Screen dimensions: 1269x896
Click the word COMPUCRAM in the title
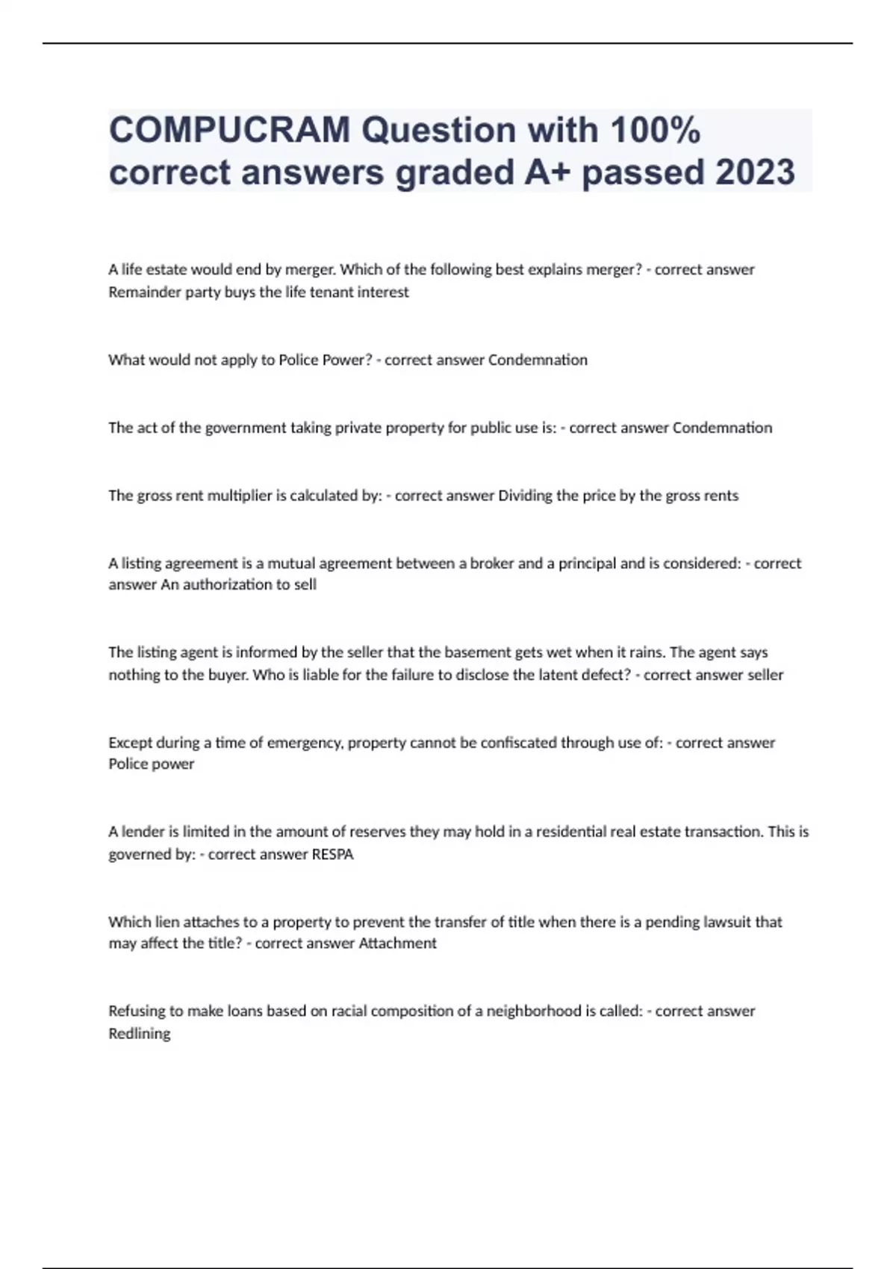pos(229,131)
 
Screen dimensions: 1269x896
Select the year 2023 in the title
pos(755,172)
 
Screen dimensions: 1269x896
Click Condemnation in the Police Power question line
pos(538,360)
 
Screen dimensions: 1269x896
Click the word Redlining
pos(140,1034)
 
